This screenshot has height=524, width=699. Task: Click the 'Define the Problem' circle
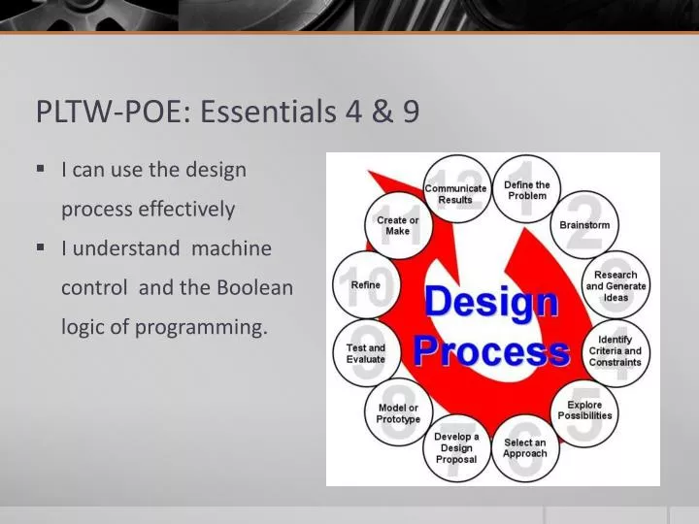click(527, 189)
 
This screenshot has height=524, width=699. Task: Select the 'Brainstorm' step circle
click(584, 223)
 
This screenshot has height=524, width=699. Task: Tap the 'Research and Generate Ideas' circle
click(616, 285)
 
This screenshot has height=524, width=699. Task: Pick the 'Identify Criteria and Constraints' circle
click(615, 350)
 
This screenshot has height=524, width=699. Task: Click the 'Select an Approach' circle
click(525, 447)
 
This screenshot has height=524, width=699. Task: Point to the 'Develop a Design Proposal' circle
click(456, 447)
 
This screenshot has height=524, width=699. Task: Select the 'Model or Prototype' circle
click(398, 412)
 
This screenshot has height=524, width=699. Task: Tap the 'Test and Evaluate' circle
click(366, 352)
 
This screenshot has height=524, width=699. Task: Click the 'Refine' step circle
click(366, 285)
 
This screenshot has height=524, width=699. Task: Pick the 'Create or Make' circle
click(398, 225)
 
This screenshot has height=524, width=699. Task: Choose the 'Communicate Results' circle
click(455, 191)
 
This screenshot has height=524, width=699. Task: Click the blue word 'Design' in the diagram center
click(491, 304)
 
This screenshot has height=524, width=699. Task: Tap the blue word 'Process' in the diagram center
click(491, 351)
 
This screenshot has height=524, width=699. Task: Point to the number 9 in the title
click(411, 113)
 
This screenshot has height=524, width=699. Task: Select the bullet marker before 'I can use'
click(41, 168)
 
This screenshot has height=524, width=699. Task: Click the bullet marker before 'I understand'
click(41, 247)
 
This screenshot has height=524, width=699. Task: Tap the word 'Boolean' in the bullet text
click(254, 288)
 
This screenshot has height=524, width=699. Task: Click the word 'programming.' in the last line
click(201, 328)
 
